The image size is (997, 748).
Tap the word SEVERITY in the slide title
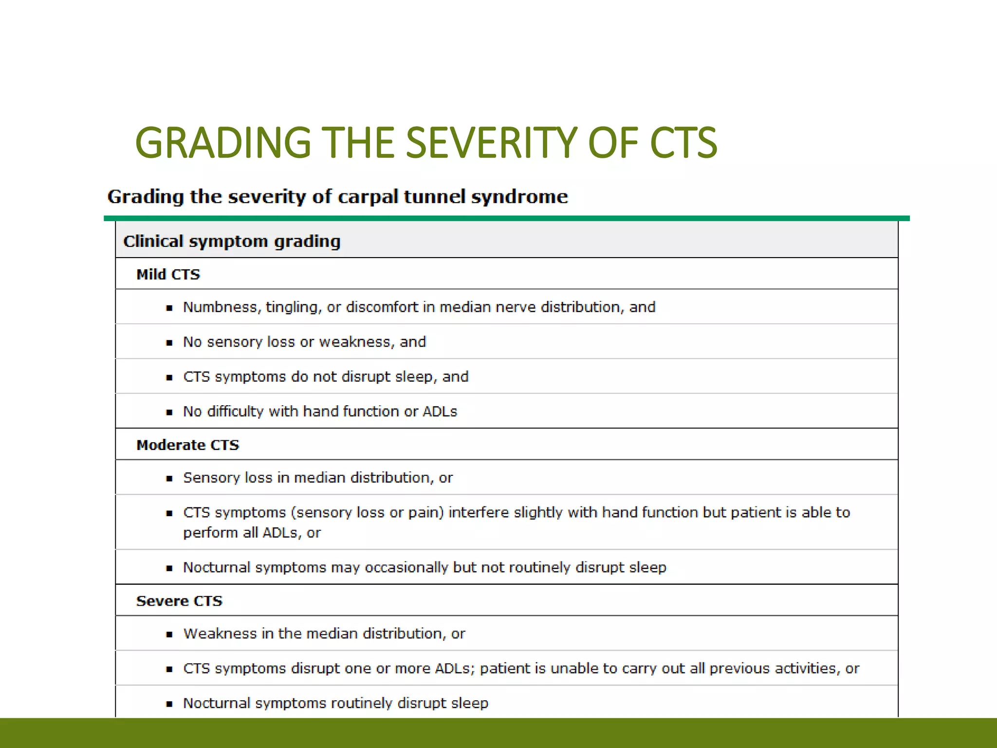(491, 143)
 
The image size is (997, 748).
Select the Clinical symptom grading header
(232, 242)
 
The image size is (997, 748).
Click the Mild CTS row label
(168, 274)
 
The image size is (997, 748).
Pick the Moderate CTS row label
(187, 445)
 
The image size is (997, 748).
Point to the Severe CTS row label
(179, 600)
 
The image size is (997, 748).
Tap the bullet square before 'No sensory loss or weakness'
(169, 343)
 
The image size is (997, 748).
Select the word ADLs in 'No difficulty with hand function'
(440, 411)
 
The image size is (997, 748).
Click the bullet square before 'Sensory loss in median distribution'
(169, 479)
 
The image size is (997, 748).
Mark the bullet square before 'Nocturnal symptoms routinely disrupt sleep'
(169, 704)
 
